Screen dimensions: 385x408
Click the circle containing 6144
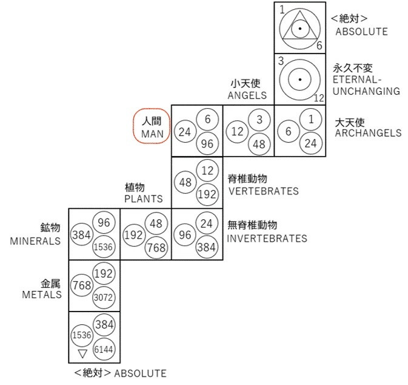click(x=104, y=350)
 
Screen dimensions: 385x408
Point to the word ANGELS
click(x=247, y=95)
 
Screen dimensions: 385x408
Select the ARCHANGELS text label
click(x=367, y=133)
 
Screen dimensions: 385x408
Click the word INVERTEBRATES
click(x=267, y=239)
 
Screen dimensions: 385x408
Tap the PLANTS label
click(x=144, y=199)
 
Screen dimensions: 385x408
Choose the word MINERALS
click(x=36, y=240)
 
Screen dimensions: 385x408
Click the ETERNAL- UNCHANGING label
click(x=366, y=86)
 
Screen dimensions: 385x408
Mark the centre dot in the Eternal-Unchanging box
click(x=299, y=80)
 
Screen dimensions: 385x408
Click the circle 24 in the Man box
click(x=185, y=131)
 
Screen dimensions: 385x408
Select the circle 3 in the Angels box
click(x=259, y=119)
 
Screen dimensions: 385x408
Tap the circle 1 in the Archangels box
click(x=311, y=119)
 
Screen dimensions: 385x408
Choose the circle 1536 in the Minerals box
click(x=104, y=246)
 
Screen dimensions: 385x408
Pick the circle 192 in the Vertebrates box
click(x=207, y=194)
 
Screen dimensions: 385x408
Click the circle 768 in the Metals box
click(x=82, y=285)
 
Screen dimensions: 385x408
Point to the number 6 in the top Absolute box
click(x=319, y=46)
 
